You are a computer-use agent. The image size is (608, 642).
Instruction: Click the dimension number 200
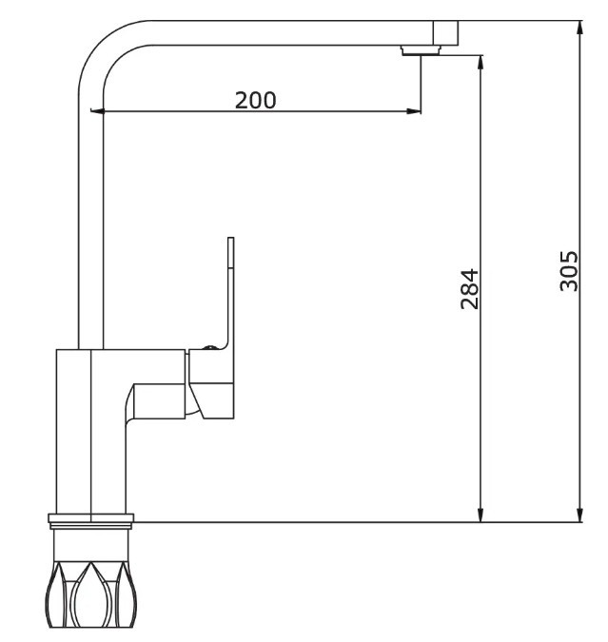click(x=255, y=100)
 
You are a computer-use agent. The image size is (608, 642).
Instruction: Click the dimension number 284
click(x=469, y=288)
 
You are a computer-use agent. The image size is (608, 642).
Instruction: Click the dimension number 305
click(x=569, y=271)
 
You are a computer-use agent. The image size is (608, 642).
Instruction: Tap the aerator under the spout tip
click(x=421, y=50)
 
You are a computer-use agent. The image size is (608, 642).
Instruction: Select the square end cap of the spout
click(x=445, y=32)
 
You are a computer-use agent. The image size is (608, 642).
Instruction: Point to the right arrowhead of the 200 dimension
click(x=413, y=110)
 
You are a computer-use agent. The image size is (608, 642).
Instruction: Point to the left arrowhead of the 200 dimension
click(x=98, y=110)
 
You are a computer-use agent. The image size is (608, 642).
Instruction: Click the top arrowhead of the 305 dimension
click(x=579, y=29)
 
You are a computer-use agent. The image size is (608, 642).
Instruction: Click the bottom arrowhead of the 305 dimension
click(x=579, y=515)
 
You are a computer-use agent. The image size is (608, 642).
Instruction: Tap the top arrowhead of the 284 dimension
click(x=481, y=63)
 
